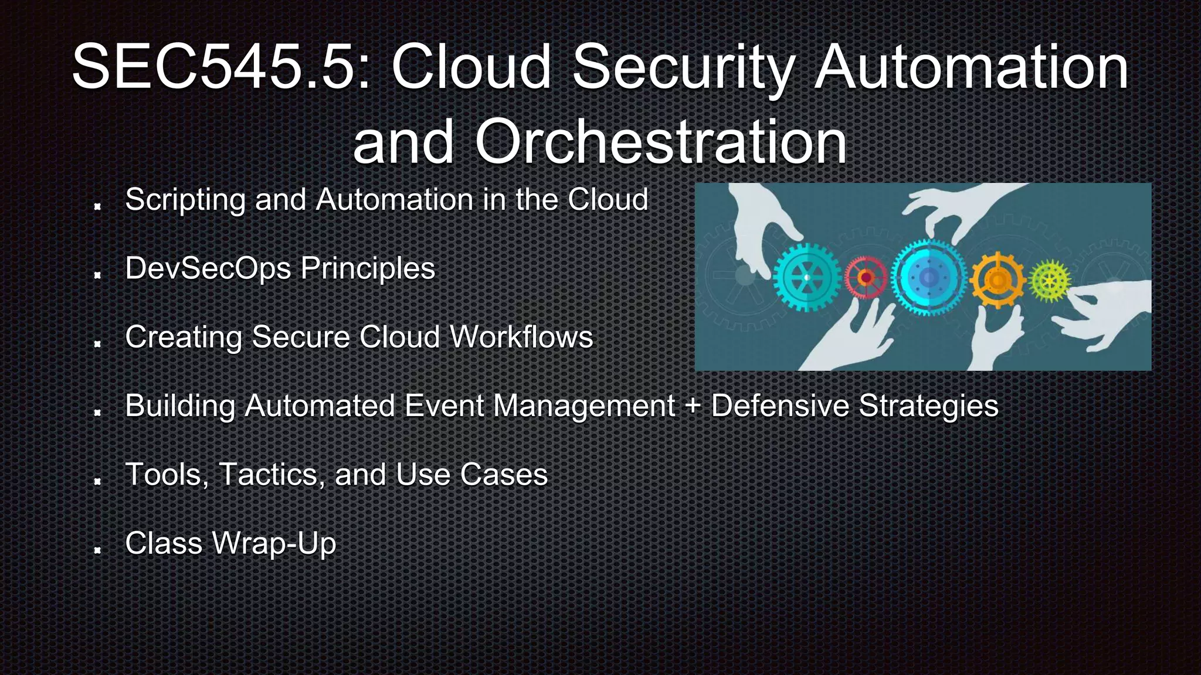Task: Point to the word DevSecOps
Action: tap(208, 269)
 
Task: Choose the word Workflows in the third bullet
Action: tap(521, 337)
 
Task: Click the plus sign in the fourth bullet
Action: tap(693, 406)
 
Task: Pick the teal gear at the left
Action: tap(806, 277)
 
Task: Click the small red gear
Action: tap(866, 277)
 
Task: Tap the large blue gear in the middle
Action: tap(928, 277)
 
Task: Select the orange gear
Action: tap(997, 279)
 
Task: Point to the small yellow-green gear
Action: tap(1050, 281)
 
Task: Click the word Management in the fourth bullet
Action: tap(585, 406)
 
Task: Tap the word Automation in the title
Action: tap(971, 67)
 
